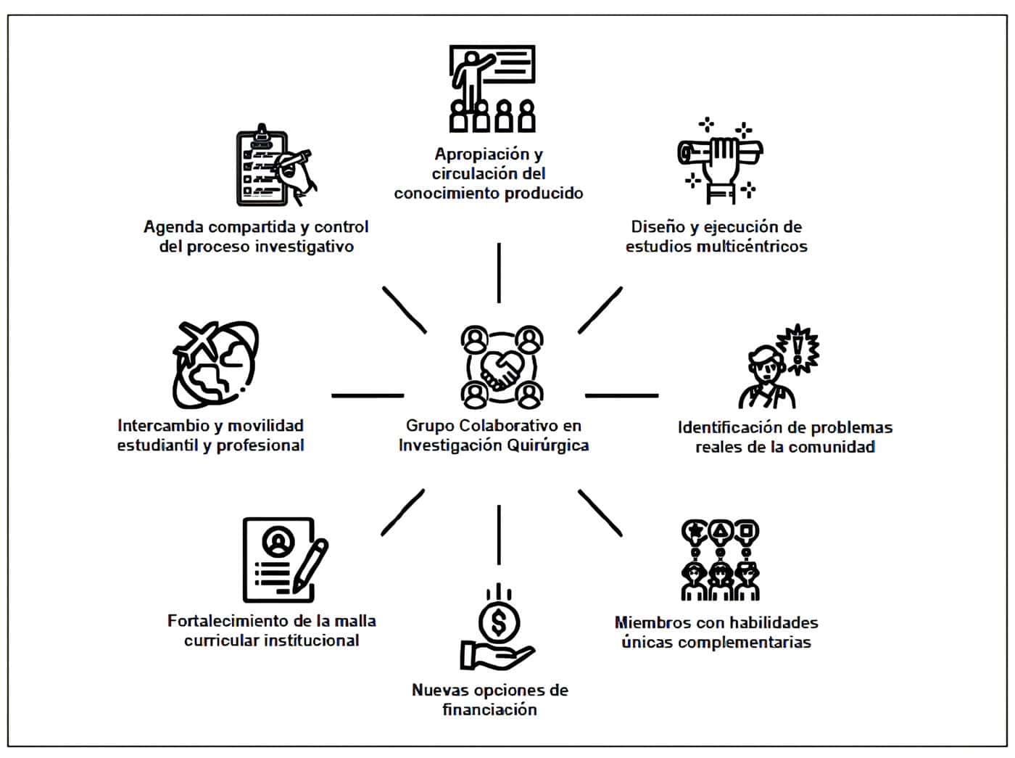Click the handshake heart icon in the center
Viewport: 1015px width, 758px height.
502,367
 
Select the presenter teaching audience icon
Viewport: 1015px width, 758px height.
492,88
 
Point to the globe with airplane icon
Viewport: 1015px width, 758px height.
215,365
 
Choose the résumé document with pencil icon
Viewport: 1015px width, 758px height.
283,559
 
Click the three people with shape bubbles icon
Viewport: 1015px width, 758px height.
720,560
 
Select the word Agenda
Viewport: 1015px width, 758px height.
173,227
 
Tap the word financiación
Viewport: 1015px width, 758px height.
489,709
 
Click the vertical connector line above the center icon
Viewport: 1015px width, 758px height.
499,273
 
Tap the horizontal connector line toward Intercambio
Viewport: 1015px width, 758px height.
368,396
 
